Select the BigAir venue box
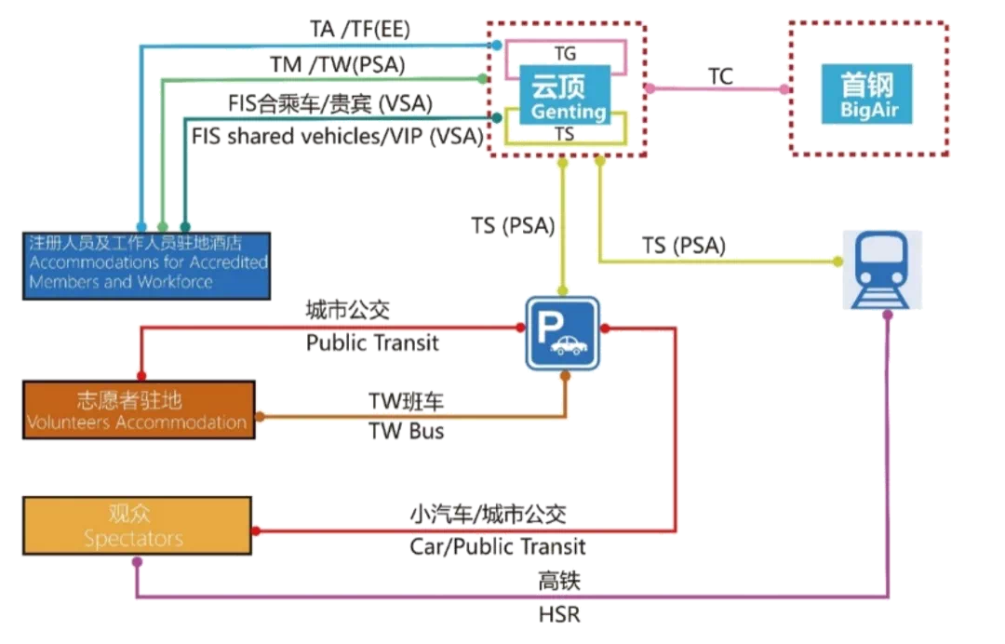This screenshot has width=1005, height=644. (x=866, y=96)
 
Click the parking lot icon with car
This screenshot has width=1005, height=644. (x=563, y=332)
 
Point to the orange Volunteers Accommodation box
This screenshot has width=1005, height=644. (x=139, y=410)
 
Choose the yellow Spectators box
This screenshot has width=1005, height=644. (x=138, y=527)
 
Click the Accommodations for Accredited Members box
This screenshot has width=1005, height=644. (x=146, y=264)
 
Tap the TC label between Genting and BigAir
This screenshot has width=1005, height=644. (x=720, y=76)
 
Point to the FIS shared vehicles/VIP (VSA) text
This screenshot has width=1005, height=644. (x=337, y=136)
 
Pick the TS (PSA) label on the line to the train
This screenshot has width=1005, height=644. (x=684, y=247)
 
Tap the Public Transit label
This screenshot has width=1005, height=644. (x=372, y=343)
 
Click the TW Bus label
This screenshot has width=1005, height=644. (x=407, y=432)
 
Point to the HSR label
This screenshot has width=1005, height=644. (x=558, y=615)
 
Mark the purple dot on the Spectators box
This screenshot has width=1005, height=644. (x=138, y=562)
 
